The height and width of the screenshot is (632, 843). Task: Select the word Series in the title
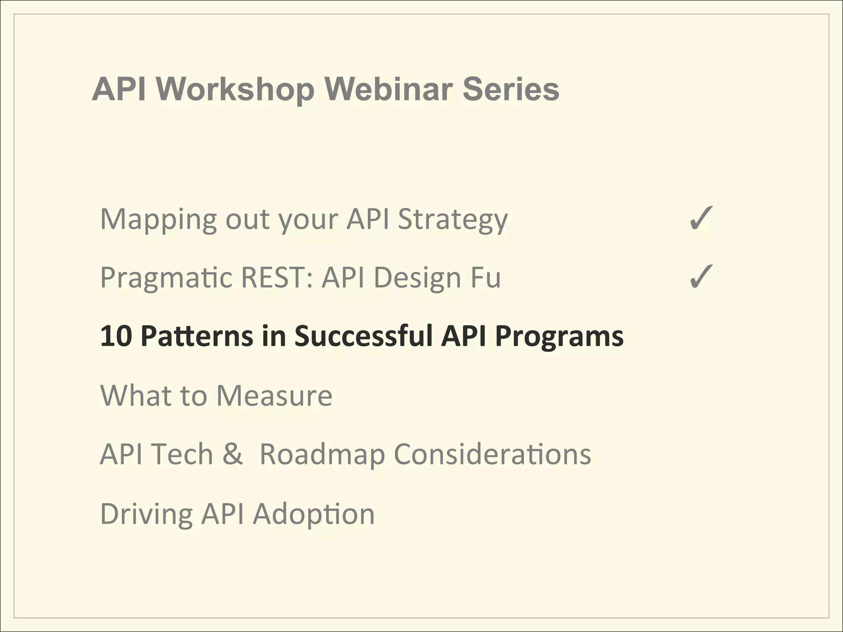[511, 89]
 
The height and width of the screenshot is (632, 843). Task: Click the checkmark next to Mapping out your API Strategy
[701, 218]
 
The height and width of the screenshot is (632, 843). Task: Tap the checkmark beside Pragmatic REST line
[701, 276]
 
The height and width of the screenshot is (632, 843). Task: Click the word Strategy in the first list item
[452, 219]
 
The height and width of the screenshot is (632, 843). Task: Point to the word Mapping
[158, 219]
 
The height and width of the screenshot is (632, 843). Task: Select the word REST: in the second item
[277, 277]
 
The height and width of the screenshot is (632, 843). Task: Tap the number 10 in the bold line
[116, 336]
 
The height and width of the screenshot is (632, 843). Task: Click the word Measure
[274, 395]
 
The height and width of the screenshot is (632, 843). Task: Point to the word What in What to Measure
[135, 395]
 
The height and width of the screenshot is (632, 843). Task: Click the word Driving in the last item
[146, 514]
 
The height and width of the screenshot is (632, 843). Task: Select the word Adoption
[314, 515]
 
